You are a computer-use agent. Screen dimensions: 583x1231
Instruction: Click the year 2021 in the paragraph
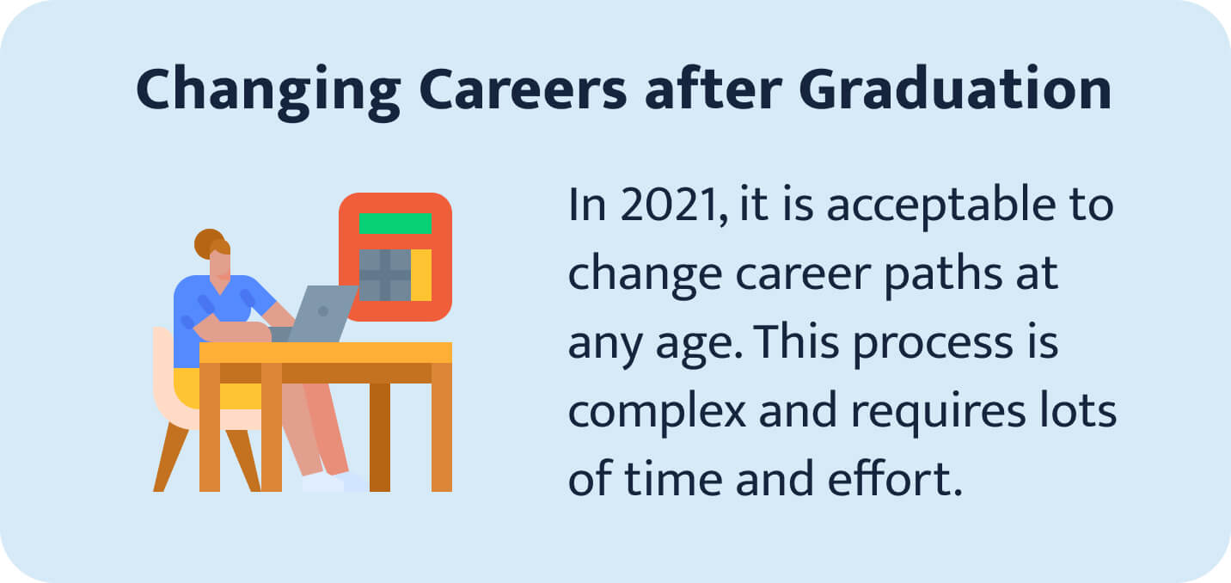(666, 207)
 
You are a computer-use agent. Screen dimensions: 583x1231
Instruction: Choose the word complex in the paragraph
(657, 414)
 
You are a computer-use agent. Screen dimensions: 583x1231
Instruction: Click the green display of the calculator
(395, 223)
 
